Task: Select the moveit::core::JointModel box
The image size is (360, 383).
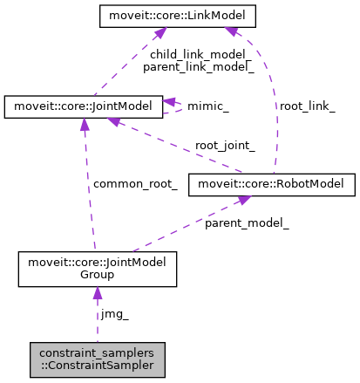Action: point(83,106)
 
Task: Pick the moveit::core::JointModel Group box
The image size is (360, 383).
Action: point(98,269)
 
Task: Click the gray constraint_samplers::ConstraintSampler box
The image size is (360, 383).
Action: point(97,359)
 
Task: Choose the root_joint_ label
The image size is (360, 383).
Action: point(225,146)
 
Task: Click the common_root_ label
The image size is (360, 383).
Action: point(135,184)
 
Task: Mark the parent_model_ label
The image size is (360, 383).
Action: point(247,223)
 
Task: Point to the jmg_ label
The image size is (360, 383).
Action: point(114,312)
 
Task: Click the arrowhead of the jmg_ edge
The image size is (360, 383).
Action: point(97,295)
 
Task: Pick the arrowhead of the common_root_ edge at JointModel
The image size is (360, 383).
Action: point(84,124)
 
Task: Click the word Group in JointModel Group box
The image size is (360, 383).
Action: point(97,275)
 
